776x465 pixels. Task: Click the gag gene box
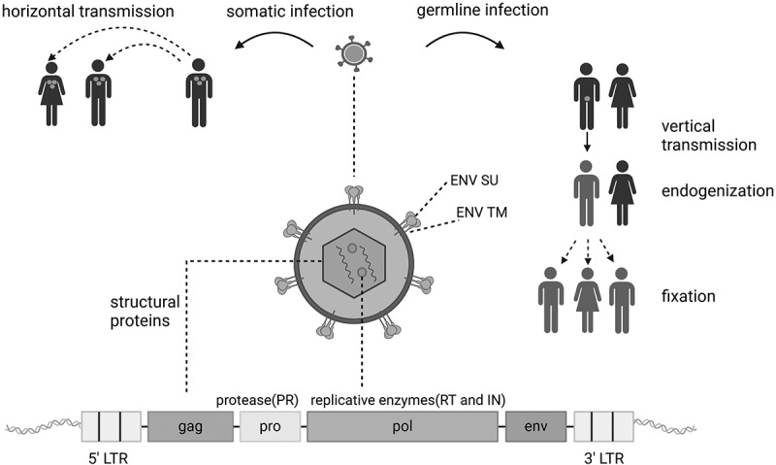tap(190, 426)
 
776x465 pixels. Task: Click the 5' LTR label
tap(111, 454)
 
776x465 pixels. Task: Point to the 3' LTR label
tap(604, 454)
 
